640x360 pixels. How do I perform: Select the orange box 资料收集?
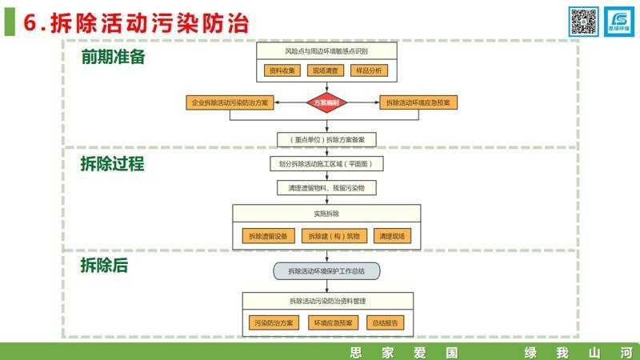[282, 70]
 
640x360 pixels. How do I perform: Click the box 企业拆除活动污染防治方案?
[230, 103]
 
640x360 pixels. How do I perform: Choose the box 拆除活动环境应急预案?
[418, 103]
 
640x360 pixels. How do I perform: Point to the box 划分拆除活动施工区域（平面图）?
[326, 164]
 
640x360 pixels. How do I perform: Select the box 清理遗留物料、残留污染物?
[326, 188]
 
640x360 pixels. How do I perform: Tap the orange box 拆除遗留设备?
[266, 236]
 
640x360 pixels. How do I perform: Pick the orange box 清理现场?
[393, 236]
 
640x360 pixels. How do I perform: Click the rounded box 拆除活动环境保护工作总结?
[326, 271]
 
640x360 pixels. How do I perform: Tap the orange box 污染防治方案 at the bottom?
[274, 323]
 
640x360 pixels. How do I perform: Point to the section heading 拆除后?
[104, 266]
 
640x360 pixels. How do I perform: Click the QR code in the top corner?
[584, 22]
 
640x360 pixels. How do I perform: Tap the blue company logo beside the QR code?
[618, 22]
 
